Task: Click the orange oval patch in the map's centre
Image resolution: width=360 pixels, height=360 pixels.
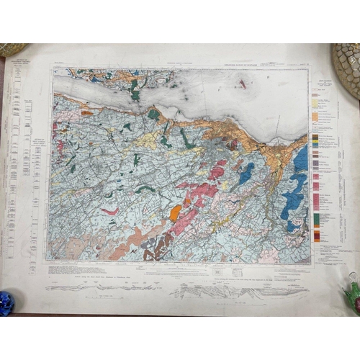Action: coord(175,212)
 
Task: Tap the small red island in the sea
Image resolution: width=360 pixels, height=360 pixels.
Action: coord(242,84)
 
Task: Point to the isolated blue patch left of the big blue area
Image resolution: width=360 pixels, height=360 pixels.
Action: coord(246,172)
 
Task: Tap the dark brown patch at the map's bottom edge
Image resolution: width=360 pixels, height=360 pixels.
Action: coord(150,253)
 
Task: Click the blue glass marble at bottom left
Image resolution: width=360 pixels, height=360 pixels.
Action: coord(6,302)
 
